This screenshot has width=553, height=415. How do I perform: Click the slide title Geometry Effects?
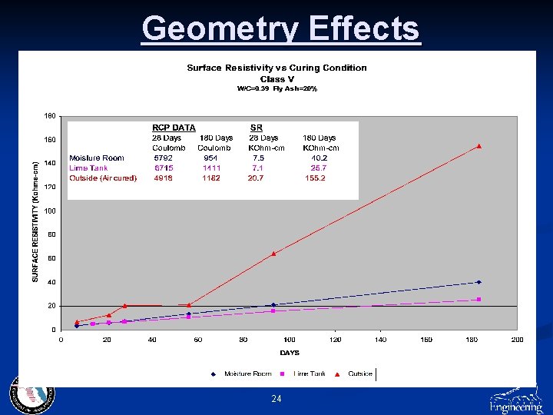tap(281, 29)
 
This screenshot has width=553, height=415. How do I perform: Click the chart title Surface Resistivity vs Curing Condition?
tap(276, 68)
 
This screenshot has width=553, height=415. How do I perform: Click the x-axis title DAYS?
tap(290, 353)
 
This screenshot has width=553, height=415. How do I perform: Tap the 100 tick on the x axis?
tap(290, 340)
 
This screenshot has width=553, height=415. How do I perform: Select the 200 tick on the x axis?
tap(517, 340)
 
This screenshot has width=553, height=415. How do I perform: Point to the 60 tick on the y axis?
tap(50, 258)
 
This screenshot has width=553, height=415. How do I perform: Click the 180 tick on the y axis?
tap(49, 116)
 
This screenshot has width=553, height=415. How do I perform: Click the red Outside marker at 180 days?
tap(478, 146)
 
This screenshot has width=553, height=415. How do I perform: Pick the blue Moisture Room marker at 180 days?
tap(478, 282)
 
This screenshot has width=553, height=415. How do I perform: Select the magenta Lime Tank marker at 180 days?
tap(478, 299)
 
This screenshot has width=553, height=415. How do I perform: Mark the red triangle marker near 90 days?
tap(273, 253)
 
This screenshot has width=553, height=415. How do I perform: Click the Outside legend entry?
tap(359, 374)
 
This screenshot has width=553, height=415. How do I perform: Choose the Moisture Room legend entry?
tap(243, 374)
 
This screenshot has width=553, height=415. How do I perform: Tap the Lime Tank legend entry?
tap(310, 374)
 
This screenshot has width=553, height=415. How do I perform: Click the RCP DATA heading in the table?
tap(174, 128)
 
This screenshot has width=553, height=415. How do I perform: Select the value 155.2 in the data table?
tap(314, 178)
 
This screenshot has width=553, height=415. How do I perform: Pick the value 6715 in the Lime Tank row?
tap(163, 168)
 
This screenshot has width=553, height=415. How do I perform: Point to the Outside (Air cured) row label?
tap(103, 178)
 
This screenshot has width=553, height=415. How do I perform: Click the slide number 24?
tap(276, 399)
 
